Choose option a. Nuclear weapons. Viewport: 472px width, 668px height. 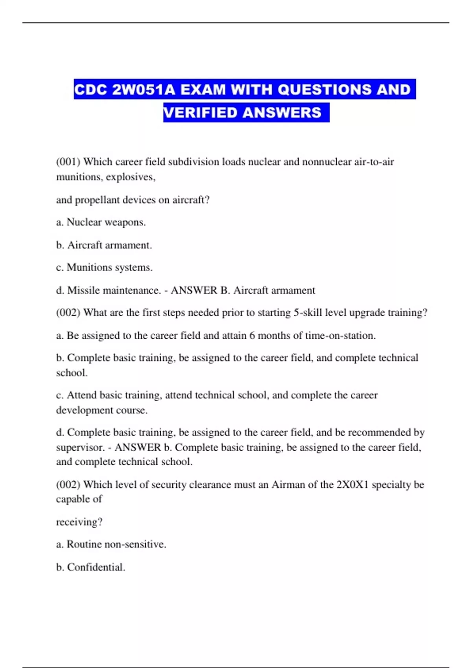point(101,222)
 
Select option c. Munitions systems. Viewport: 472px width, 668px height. point(104,268)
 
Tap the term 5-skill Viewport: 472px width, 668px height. point(308,313)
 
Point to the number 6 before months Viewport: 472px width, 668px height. point(252,336)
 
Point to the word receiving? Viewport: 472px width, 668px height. point(79,522)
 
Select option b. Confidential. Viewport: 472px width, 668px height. point(90,567)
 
